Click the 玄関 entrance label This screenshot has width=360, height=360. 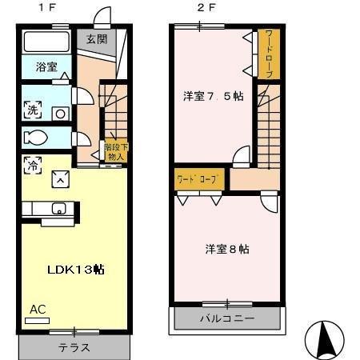97,38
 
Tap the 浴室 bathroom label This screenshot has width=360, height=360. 46,69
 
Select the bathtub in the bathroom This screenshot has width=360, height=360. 46,42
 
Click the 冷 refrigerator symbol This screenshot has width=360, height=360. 33,166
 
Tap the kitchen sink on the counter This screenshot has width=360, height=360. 58,209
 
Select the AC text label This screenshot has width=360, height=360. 37,309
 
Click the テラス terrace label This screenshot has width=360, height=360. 74,348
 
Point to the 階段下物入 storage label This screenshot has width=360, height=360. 115,152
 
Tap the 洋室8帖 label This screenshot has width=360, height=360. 226,249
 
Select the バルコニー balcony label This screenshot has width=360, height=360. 226,319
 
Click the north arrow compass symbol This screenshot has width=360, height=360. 326,340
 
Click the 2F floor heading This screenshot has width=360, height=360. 206,8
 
